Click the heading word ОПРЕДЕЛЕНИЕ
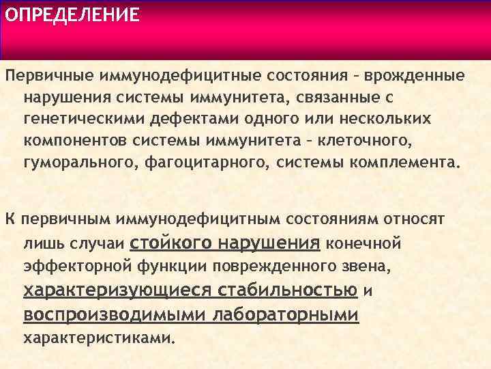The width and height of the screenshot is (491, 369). point(71,15)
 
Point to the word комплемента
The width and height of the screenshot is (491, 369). point(406,164)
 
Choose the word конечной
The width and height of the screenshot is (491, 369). point(363,243)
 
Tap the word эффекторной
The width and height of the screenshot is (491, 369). point(75,265)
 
